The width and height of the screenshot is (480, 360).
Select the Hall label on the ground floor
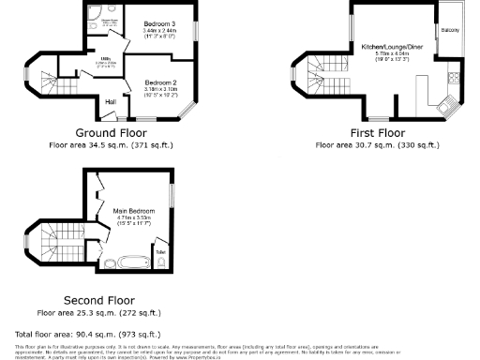tap(110, 100)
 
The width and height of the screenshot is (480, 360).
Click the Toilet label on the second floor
tap(160, 252)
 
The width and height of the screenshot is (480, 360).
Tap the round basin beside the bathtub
tap(102, 262)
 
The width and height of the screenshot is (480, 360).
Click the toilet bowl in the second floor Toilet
tap(160, 263)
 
